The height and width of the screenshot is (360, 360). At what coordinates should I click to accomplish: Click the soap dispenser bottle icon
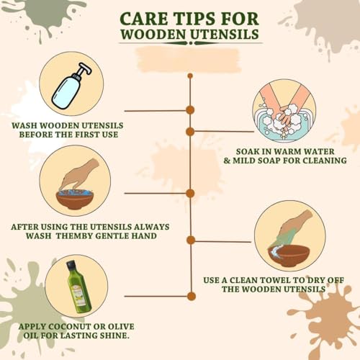pyautogui.click(x=72, y=86)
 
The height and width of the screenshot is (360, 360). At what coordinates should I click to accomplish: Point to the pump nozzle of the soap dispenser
pyautogui.click(x=85, y=68)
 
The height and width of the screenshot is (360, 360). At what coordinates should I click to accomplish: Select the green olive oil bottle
pyautogui.click(x=78, y=287)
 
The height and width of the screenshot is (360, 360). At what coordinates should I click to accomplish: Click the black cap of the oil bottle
pyautogui.click(x=71, y=265)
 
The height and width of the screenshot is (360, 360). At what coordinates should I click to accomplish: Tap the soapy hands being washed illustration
pyautogui.click(x=284, y=111)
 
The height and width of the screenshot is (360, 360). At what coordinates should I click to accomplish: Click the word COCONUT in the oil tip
pyautogui.click(x=70, y=327)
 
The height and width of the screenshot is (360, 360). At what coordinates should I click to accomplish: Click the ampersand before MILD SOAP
pyautogui.click(x=227, y=161)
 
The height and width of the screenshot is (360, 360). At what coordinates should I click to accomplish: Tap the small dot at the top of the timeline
pyautogui.click(x=190, y=76)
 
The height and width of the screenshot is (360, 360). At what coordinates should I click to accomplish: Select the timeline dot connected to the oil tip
pyautogui.click(x=191, y=296)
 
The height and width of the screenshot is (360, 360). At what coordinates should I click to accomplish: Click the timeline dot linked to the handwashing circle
pyautogui.click(x=190, y=132)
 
